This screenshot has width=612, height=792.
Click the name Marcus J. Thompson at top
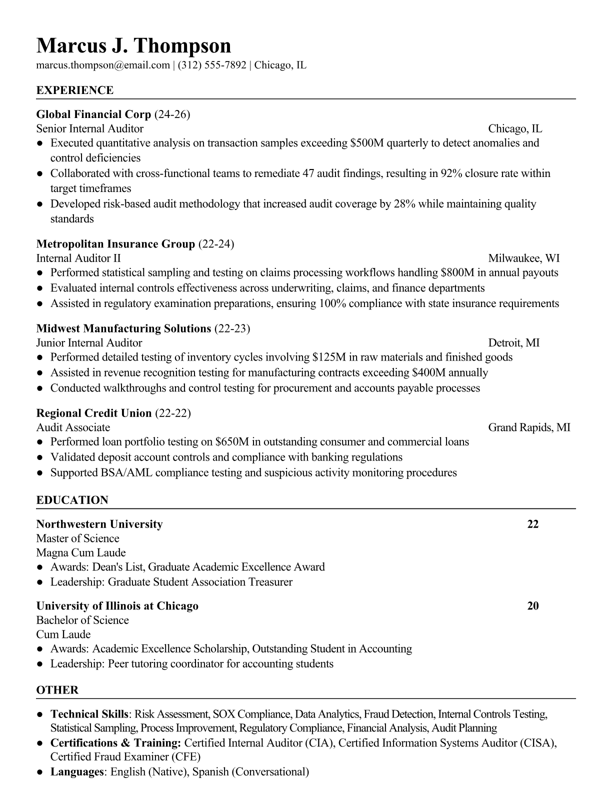coord(133,45)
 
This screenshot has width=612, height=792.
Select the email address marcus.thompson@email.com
coord(103,65)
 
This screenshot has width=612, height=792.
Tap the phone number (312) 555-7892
coord(211,65)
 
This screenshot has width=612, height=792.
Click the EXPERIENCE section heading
coord(75,90)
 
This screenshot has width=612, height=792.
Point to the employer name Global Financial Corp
coord(93,114)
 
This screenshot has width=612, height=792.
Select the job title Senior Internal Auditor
coord(90,128)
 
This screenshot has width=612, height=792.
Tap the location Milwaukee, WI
coord(523,258)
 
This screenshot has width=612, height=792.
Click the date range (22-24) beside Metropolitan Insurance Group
coord(216,244)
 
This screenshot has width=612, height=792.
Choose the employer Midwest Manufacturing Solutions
coord(123,328)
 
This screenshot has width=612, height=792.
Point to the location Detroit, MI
coord(513,342)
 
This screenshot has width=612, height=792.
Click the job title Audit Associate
coord(73,427)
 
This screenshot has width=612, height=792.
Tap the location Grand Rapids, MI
coord(529,427)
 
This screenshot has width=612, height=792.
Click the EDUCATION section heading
coord(72,500)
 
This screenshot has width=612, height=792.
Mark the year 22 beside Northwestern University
coord(533,524)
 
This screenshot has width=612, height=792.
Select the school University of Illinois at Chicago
coord(117,606)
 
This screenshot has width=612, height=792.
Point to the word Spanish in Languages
coord(210,771)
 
